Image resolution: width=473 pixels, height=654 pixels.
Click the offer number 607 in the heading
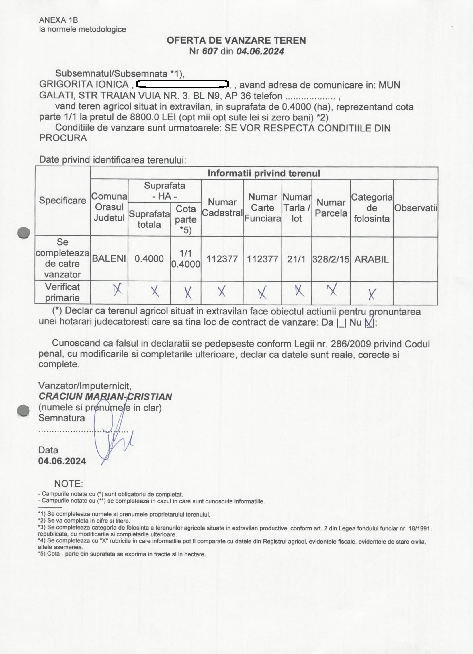click(210, 52)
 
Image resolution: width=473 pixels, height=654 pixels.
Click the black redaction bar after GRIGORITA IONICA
click(182, 84)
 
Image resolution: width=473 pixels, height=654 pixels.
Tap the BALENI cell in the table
click(109, 259)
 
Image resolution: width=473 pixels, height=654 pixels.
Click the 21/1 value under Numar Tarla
click(296, 259)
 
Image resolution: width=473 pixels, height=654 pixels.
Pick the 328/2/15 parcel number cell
click(331, 259)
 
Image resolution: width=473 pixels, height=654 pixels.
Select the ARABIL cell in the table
click(371, 259)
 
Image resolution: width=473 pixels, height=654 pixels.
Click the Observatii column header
click(416, 208)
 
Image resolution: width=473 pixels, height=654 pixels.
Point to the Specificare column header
click(62, 201)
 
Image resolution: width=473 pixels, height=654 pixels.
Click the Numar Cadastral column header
click(222, 207)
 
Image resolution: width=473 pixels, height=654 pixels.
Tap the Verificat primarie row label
click(62, 292)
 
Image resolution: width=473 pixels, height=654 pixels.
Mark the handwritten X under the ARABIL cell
click(372, 294)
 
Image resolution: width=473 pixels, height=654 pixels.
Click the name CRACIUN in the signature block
click(60, 396)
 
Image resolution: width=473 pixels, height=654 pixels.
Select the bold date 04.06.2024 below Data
click(62, 461)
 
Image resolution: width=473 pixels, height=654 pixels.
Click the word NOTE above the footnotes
click(68, 484)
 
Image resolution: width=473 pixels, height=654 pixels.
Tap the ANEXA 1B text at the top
click(58, 20)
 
